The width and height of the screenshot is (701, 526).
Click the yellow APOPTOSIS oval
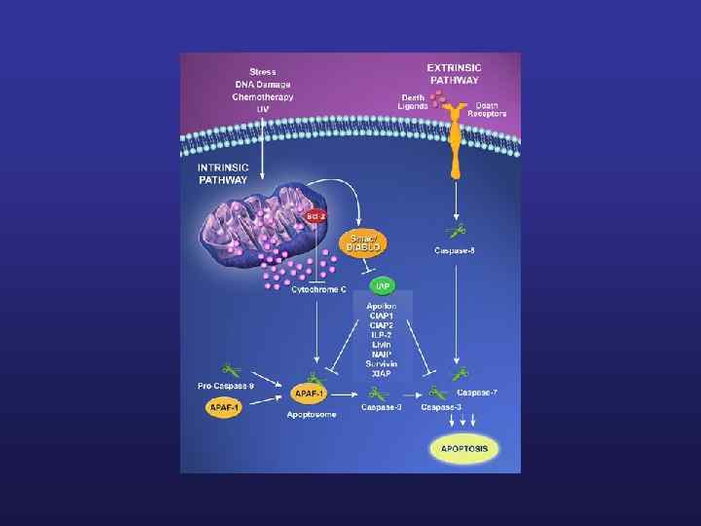click(464, 449)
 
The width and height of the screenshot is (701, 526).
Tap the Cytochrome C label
click(319, 290)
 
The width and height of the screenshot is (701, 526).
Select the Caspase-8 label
click(455, 250)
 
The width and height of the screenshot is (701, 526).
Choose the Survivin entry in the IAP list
click(382, 363)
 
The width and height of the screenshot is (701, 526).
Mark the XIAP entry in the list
click(382, 373)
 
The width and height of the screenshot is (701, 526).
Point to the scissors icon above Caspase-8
click(455, 231)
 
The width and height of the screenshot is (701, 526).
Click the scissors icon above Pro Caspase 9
click(232, 370)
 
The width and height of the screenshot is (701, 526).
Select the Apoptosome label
click(313, 416)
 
